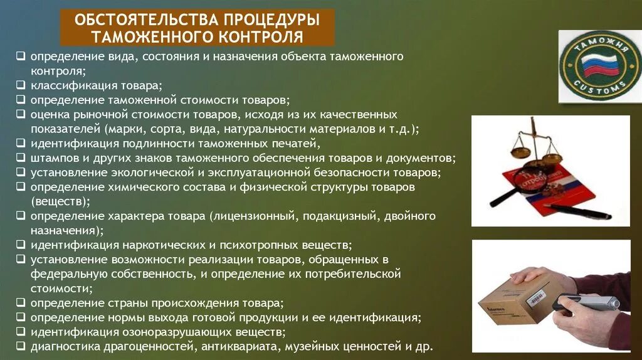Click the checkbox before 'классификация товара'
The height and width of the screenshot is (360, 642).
tap(21, 84)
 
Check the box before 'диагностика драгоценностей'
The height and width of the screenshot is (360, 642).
tap(21, 345)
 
